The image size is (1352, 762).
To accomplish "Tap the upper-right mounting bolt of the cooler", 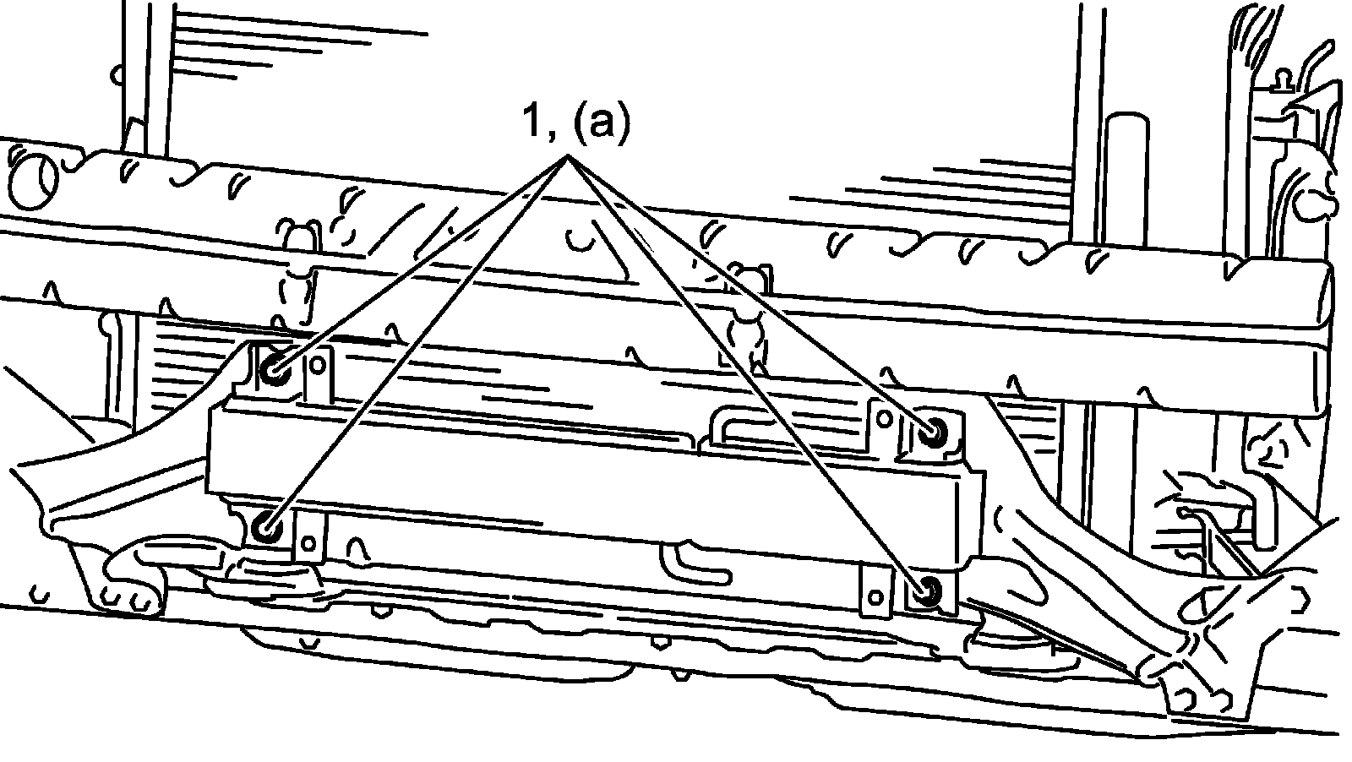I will tap(935, 433).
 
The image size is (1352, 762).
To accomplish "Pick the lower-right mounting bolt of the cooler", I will tap(928, 591).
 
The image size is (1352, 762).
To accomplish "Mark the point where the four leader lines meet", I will tap(569, 157).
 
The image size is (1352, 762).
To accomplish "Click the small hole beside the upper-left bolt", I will tap(318, 365).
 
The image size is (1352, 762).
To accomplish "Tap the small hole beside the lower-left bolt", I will tap(309, 538).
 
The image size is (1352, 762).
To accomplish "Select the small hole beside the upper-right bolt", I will tap(885, 418).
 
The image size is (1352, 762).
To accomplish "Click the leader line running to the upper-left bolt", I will tap(422, 263).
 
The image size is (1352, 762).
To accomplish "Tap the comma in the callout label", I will tap(550, 137).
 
